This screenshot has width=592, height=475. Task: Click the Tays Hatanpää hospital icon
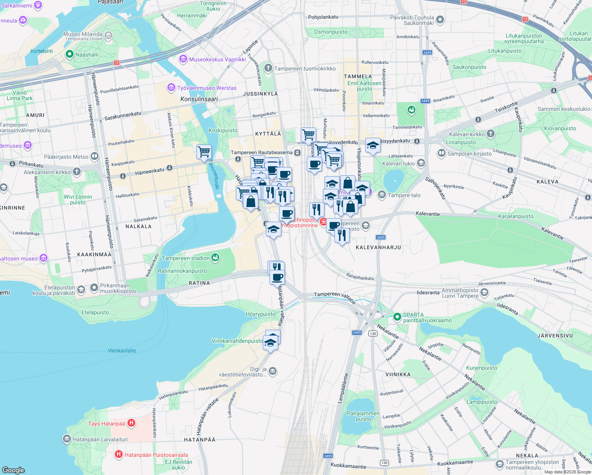pyautogui.click(x=131, y=423)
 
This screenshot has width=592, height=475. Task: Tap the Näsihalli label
pyautogui.click(x=87, y=55)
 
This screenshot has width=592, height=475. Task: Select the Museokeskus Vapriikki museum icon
pyautogui.click(x=183, y=59)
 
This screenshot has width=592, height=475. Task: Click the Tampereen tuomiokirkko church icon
pyautogui.click(x=268, y=68)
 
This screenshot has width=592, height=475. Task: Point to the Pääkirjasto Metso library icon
pyautogui.click(x=94, y=156)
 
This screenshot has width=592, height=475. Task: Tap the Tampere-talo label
pyautogui.click(x=404, y=195)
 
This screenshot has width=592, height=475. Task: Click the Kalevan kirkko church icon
pyautogui.click(x=491, y=134)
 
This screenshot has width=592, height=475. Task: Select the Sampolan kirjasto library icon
pyautogui.click(x=441, y=153)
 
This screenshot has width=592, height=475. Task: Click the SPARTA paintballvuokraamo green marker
pyautogui.click(x=397, y=317)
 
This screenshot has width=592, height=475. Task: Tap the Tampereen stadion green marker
pyautogui.click(x=215, y=258)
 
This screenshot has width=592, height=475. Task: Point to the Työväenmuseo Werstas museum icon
pyautogui.click(x=171, y=87)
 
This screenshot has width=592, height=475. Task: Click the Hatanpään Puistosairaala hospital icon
pyautogui.click(x=118, y=454)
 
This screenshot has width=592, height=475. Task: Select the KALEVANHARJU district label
pyautogui.click(x=378, y=247)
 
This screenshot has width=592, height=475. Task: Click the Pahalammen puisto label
pyautogui.click(x=363, y=416)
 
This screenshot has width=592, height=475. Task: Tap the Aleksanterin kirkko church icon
pyautogui.click(x=77, y=172)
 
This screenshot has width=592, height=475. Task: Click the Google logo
pyautogui.click(x=13, y=470)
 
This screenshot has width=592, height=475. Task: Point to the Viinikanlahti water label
pyautogui.click(x=122, y=351)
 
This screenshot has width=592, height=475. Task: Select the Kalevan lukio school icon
pyautogui.click(x=421, y=163)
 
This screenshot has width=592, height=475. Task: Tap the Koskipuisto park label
pyautogui.click(x=223, y=130)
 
